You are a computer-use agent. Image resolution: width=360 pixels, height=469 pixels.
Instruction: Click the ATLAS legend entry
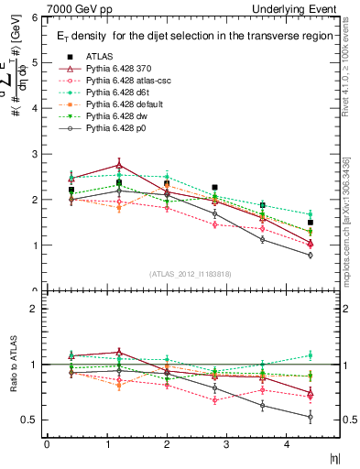pos(99,57)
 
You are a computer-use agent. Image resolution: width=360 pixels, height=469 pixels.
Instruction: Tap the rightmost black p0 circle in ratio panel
pos(311,417)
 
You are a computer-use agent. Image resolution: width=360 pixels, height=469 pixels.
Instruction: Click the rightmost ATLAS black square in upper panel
pos(311,223)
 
